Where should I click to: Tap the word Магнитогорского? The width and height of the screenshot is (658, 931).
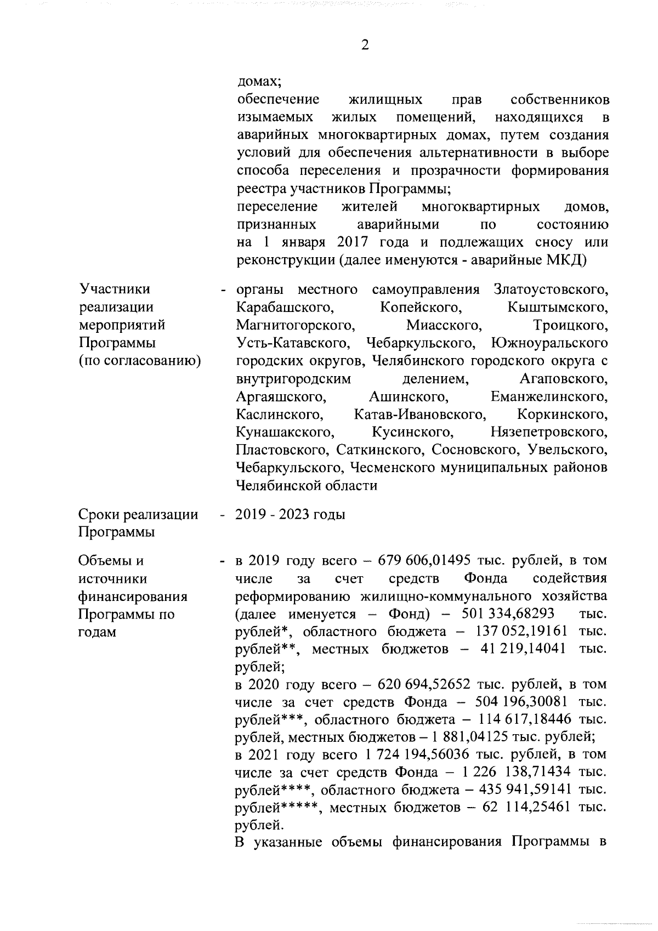pos(294,325)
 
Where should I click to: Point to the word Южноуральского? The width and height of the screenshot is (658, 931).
pos(549,343)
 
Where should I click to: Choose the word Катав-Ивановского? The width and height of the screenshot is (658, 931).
pos(419,415)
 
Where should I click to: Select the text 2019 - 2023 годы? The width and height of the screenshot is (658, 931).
pos(290,515)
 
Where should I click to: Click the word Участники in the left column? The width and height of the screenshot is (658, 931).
pos(114,289)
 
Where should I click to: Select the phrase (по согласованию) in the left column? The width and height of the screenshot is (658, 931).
pos(139,361)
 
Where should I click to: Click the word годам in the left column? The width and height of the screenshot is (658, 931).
pos(97,632)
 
